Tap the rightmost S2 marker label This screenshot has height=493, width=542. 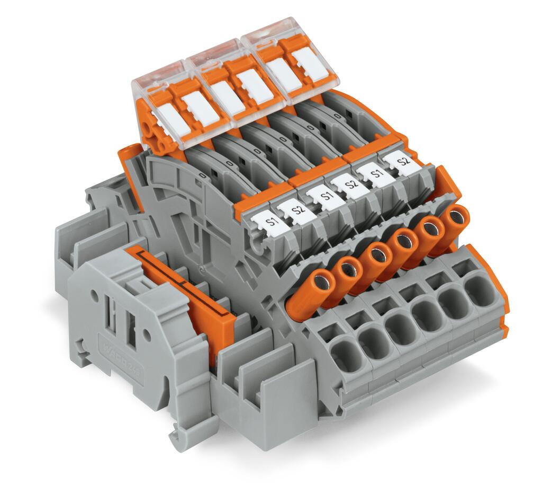click(x=403, y=160)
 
